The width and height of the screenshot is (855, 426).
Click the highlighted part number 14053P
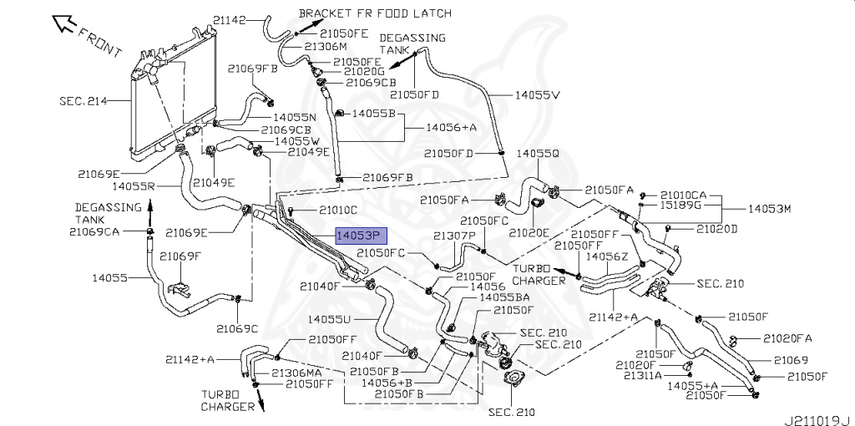coord(361,236)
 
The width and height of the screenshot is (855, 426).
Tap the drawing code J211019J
coord(818,420)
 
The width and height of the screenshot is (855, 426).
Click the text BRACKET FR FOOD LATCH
coord(375,13)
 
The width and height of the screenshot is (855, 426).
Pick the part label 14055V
coord(537,95)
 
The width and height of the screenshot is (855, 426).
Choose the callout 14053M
coord(769,208)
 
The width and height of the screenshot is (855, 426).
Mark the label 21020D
coord(716,229)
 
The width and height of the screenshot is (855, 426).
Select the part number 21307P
coord(455,236)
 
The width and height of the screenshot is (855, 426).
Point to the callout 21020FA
coord(787,338)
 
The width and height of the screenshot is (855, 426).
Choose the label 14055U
coord(329,318)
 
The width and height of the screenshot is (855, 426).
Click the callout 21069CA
coord(94,232)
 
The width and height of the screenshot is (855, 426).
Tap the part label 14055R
coord(134,186)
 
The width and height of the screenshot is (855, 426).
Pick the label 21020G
coord(364,72)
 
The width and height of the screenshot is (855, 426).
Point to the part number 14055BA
coord(503,298)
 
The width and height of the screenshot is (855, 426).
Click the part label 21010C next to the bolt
coord(338,209)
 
